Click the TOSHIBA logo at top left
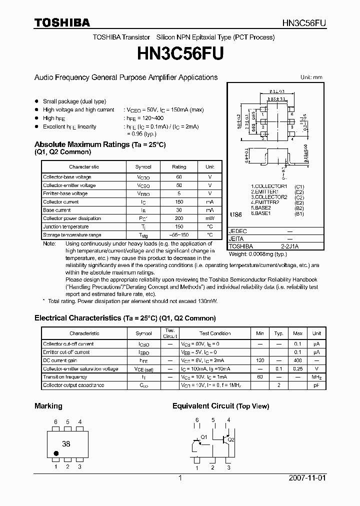[62, 22]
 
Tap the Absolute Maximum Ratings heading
[99, 144]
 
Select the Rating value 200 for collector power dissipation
[179, 218]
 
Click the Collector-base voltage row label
[67, 177]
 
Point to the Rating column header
[179, 166]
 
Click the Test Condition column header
[215, 333]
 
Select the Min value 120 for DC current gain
[260, 360]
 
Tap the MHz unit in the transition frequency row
[316, 377]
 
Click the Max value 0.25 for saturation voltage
[297, 368]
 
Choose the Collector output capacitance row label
[73, 385]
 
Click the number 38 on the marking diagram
[66, 443]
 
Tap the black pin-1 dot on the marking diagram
[55, 453]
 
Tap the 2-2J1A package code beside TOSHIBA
[289, 246]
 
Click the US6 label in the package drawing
[235, 214]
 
